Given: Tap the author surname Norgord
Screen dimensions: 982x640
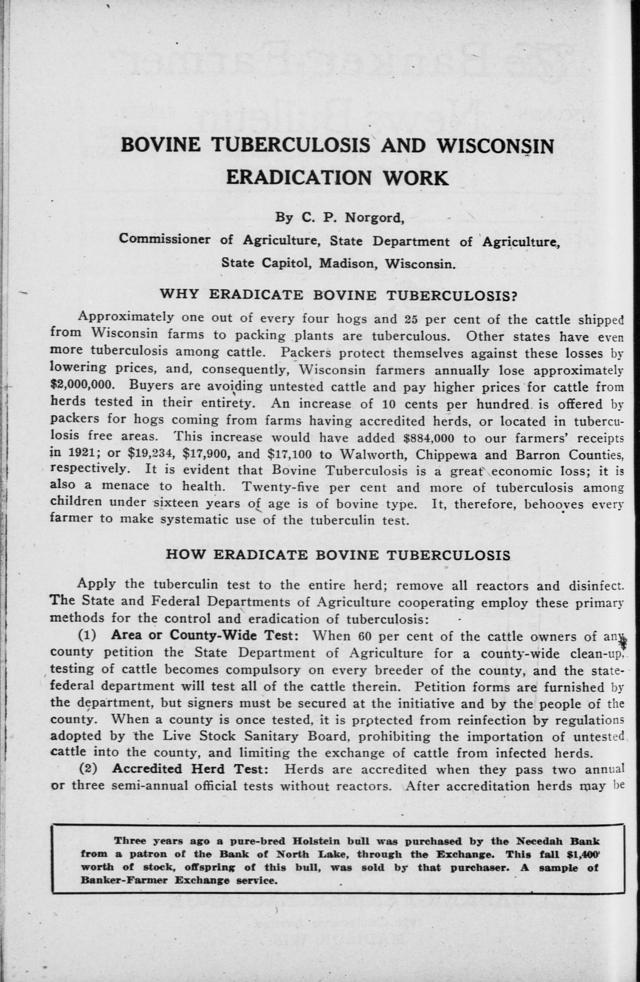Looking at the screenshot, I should pos(374,218).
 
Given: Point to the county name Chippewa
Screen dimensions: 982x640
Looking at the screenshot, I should pos(449,454).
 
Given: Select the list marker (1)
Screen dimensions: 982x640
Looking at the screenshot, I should pos(88,636).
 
